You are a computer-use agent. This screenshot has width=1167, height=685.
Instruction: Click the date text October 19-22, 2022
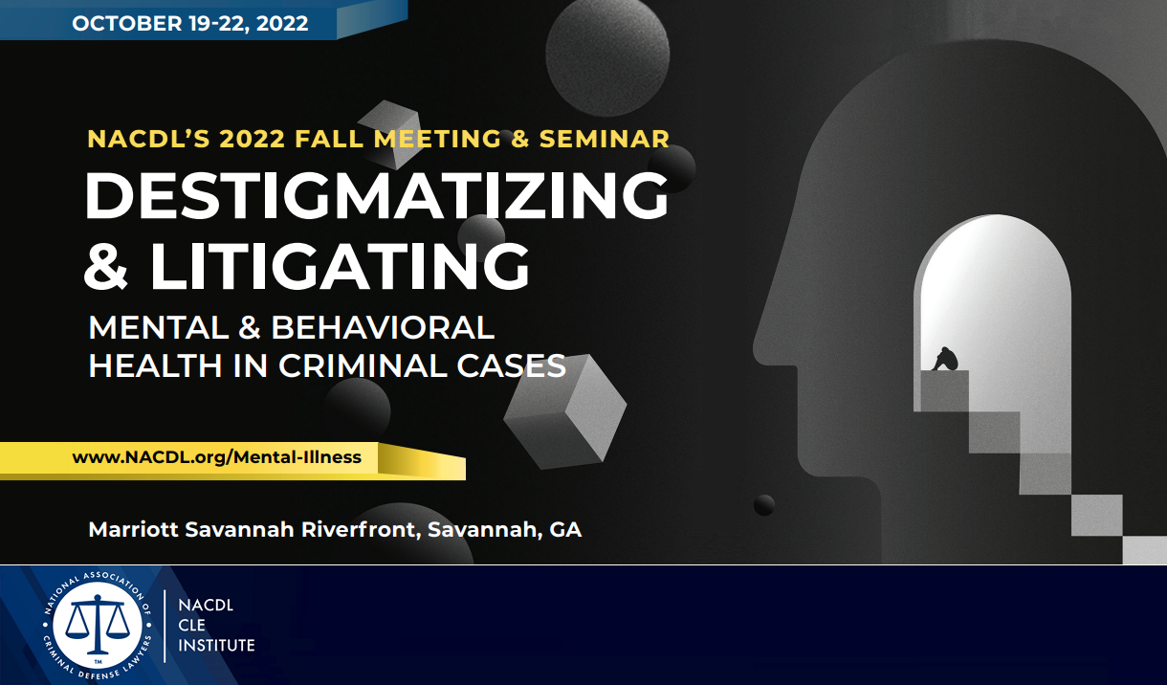(x=189, y=23)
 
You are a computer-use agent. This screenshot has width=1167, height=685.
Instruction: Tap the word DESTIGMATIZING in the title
(x=376, y=198)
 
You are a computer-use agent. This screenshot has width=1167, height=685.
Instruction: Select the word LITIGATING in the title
(x=340, y=267)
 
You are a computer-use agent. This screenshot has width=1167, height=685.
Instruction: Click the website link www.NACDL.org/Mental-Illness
(x=216, y=457)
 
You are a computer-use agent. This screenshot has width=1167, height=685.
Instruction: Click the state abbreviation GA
(x=565, y=529)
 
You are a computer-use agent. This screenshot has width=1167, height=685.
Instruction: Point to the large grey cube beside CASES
(x=564, y=410)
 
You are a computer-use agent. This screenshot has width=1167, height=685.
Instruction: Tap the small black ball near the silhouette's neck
(x=763, y=504)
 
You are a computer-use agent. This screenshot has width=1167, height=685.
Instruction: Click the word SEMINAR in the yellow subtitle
(x=605, y=139)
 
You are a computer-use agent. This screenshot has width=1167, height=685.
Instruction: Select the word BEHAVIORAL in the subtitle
(x=383, y=328)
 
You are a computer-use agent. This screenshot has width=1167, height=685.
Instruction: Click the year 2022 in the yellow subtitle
(x=252, y=139)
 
